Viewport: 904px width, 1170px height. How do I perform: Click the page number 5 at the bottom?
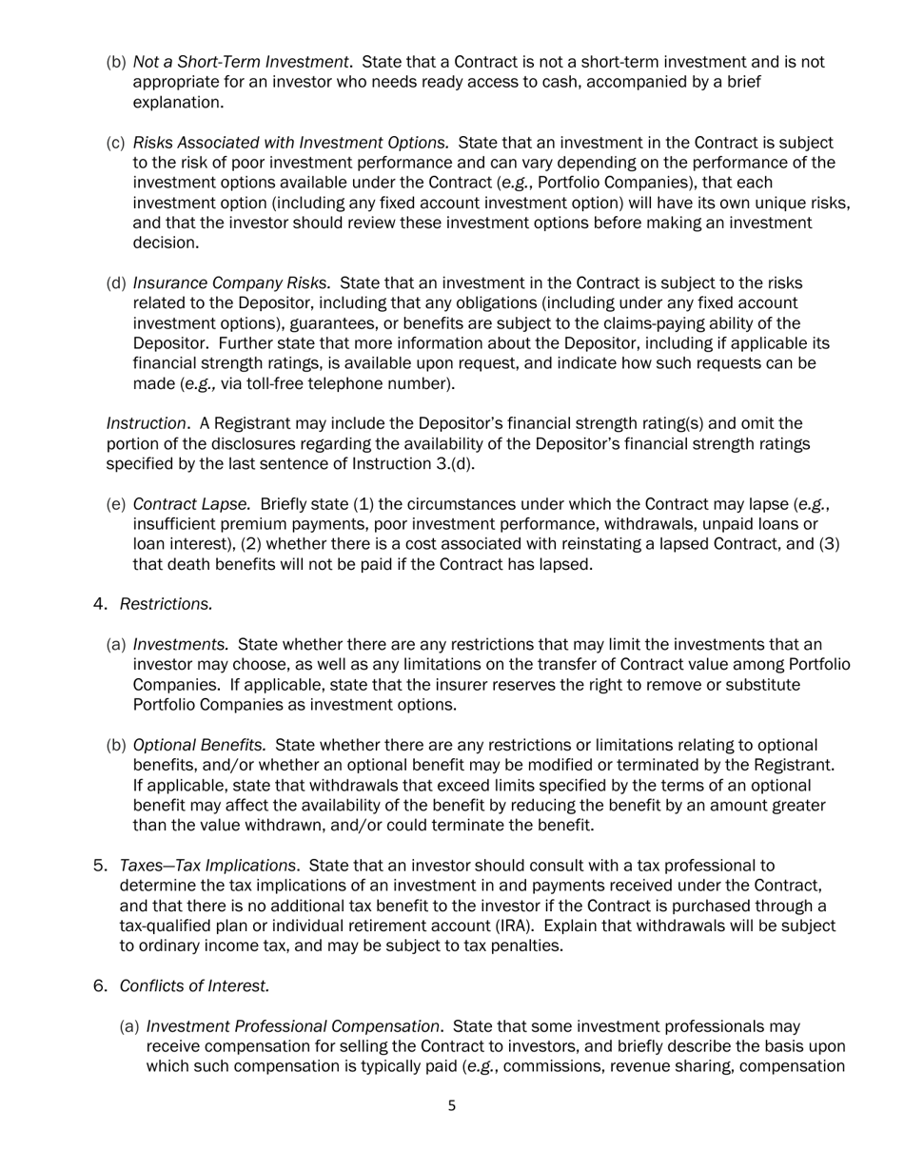tap(452, 1105)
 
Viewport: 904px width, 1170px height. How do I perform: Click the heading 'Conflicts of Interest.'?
tap(194, 985)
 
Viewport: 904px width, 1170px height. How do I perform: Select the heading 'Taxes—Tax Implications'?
tap(207, 865)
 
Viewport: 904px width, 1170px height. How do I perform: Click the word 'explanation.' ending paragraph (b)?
tap(178, 102)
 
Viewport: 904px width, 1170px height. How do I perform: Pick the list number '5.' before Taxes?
tap(101, 865)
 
